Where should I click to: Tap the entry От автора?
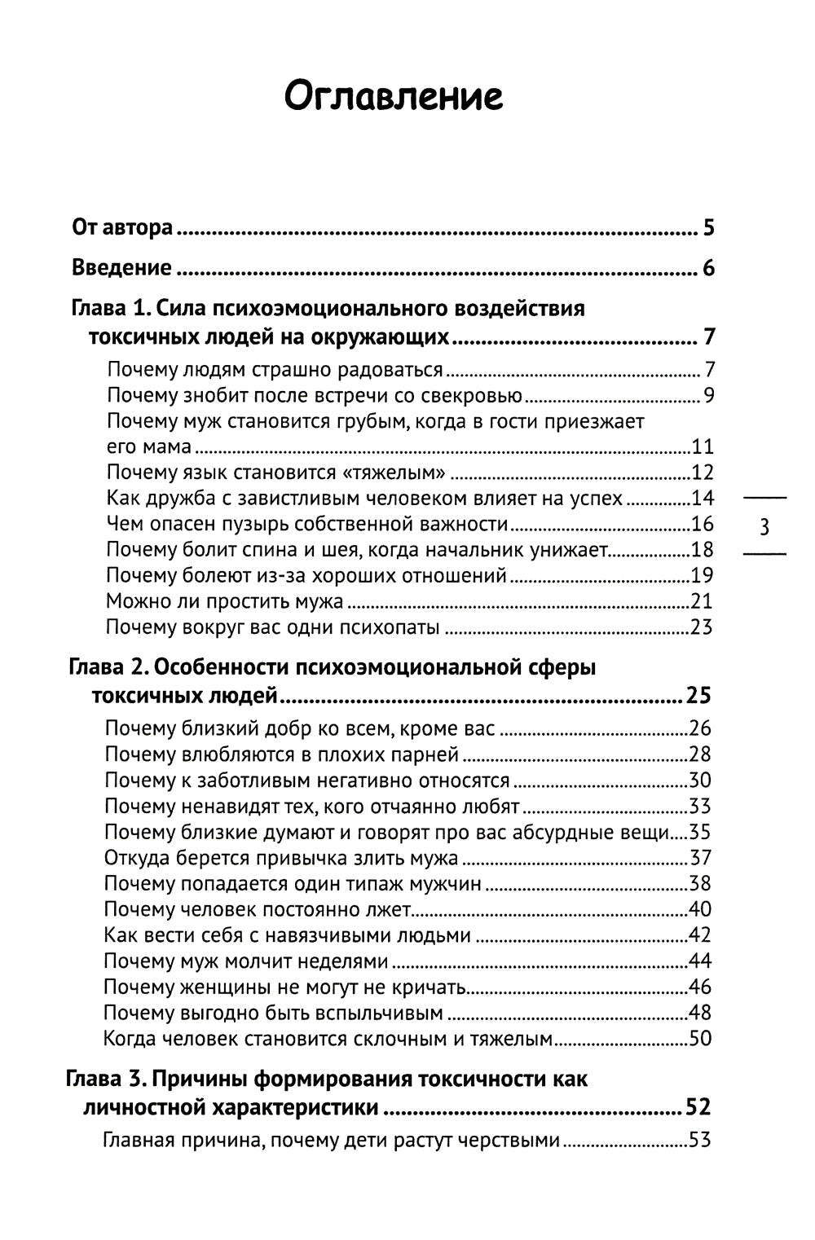coord(122,226)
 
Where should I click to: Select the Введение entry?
coord(122,267)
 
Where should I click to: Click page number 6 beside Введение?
coord(708,268)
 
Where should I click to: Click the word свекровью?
coord(472,396)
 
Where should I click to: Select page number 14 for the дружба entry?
coord(702,499)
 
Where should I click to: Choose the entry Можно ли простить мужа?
coord(225,602)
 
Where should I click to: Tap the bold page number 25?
coord(698,696)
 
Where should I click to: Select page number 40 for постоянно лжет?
coord(700,909)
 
